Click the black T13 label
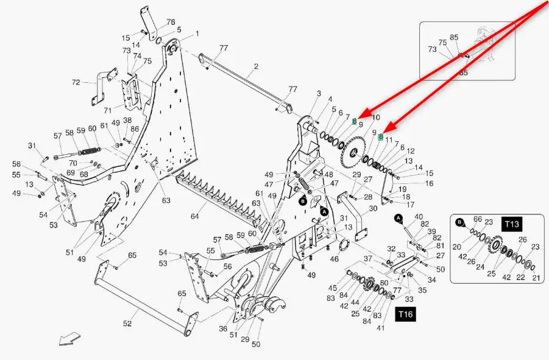click(512, 224)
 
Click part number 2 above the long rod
click(257, 66)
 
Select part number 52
click(127, 323)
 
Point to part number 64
click(195, 216)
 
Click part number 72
click(76, 82)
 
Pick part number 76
click(171, 22)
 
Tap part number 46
click(334, 259)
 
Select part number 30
click(374, 208)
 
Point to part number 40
click(419, 217)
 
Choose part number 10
click(375, 117)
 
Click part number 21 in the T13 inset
click(536, 278)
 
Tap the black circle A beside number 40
click(398, 218)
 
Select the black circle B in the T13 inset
click(460, 222)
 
